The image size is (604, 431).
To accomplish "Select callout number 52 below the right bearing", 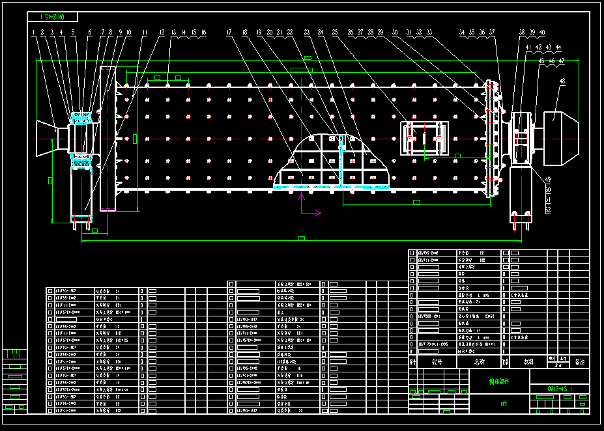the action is pyautogui.click(x=547, y=210).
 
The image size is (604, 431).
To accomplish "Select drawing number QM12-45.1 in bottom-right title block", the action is pyautogui.click(x=560, y=389).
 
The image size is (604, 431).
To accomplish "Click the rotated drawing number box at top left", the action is pyautogui.click(x=53, y=16).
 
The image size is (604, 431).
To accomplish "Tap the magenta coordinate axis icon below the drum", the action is pyautogui.click(x=306, y=205).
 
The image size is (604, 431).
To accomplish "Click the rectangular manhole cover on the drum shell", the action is pyautogui.click(x=424, y=137).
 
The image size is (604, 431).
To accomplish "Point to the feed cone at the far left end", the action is pyautogui.click(x=47, y=137).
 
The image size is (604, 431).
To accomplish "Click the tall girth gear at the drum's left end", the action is pyautogui.click(x=108, y=138).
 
